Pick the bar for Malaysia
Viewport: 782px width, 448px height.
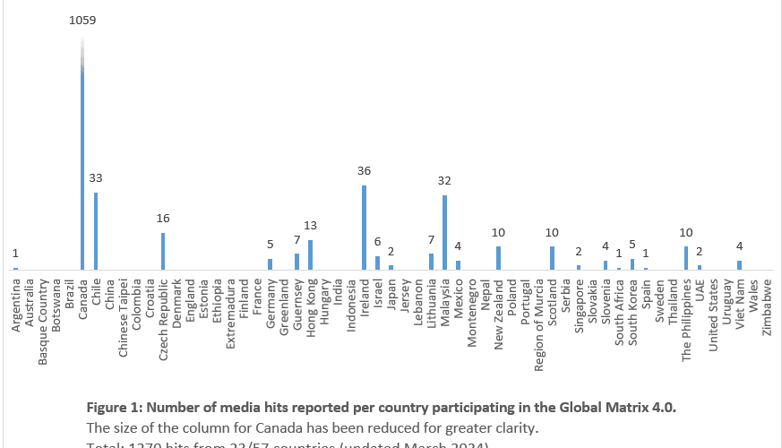pyautogui.click(x=444, y=232)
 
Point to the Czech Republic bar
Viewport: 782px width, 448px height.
pyautogui.click(x=163, y=251)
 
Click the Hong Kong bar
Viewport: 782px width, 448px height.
pyautogui.click(x=310, y=254)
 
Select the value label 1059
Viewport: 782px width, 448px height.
pyautogui.click(x=83, y=20)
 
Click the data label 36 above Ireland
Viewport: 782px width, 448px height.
pyautogui.click(x=364, y=170)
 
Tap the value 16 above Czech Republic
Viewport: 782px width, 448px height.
pyautogui.click(x=163, y=218)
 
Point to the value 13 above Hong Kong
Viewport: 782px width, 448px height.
pyautogui.click(x=310, y=225)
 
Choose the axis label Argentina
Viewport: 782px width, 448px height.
pyautogui.click(x=16, y=305)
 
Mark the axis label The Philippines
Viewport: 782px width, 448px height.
pyautogui.click(x=686, y=318)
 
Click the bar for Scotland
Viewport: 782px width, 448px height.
pyautogui.click(x=552, y=258)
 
